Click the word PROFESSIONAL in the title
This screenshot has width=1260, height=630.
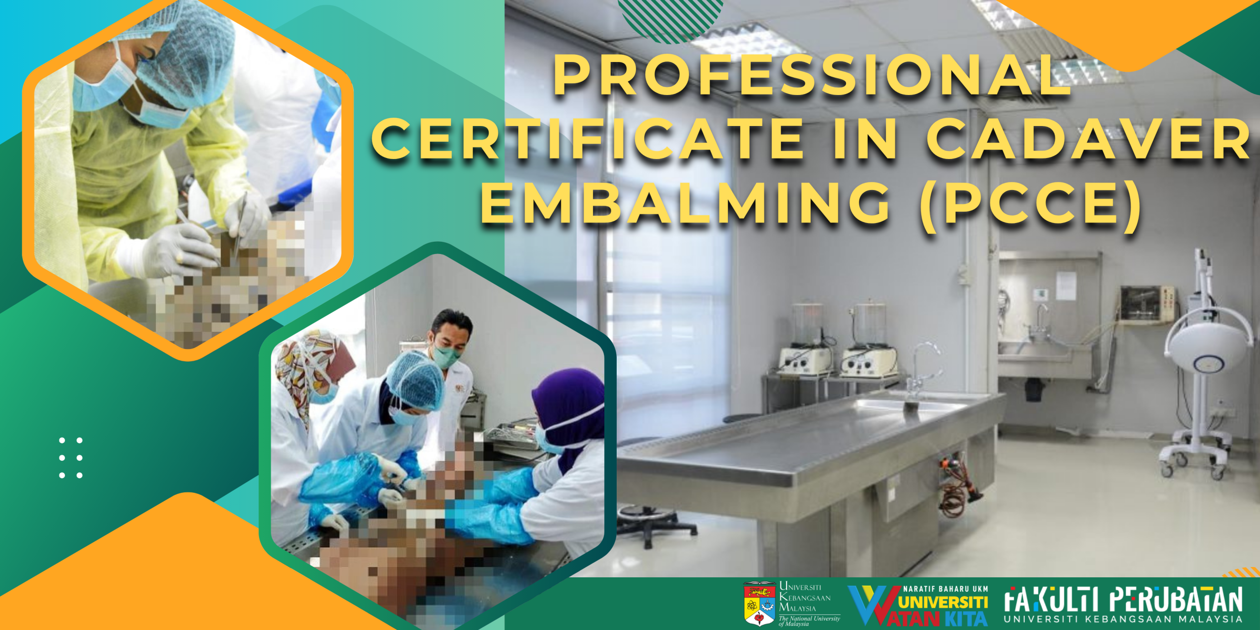coord(812,75)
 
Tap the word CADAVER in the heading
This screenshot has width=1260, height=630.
coord(1089,139)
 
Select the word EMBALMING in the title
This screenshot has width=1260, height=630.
coord(686,203)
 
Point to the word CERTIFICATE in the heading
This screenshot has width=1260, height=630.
coord(588,139)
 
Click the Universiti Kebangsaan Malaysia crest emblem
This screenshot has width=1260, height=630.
coord(759,603)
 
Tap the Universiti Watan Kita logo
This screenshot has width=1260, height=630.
coord(918,605)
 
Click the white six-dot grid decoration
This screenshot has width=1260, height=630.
coord(71,458)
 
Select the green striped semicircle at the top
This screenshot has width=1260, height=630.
coord(671,20)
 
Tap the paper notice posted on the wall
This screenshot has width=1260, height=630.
coord(1066,285)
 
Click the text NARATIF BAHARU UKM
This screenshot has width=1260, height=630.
coord(945,589)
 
